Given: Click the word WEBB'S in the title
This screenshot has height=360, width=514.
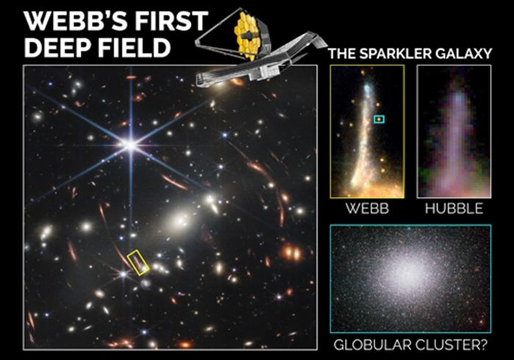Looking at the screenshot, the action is point(76,21).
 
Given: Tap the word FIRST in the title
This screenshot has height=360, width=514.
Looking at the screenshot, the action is point(171,21).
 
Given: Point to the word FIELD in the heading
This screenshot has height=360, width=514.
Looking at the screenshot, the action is point(134,47).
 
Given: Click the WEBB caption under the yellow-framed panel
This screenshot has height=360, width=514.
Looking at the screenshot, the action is point(367,209).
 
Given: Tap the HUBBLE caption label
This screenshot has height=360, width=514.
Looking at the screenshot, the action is point(454,209).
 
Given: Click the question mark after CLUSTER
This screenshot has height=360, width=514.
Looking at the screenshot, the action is point(483,345).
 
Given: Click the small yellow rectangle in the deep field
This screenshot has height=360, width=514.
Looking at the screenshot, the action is point(138,262).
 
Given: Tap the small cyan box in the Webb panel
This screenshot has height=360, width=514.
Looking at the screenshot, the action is point(380,119).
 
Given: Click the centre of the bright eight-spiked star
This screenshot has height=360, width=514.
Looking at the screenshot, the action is point(131,145).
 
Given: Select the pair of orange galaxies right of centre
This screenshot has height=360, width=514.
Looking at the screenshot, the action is point(291,253).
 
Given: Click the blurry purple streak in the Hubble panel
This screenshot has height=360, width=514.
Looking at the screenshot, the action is point(455,141).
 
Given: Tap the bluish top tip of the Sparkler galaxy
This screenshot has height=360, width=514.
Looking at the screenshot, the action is point(367,88).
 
